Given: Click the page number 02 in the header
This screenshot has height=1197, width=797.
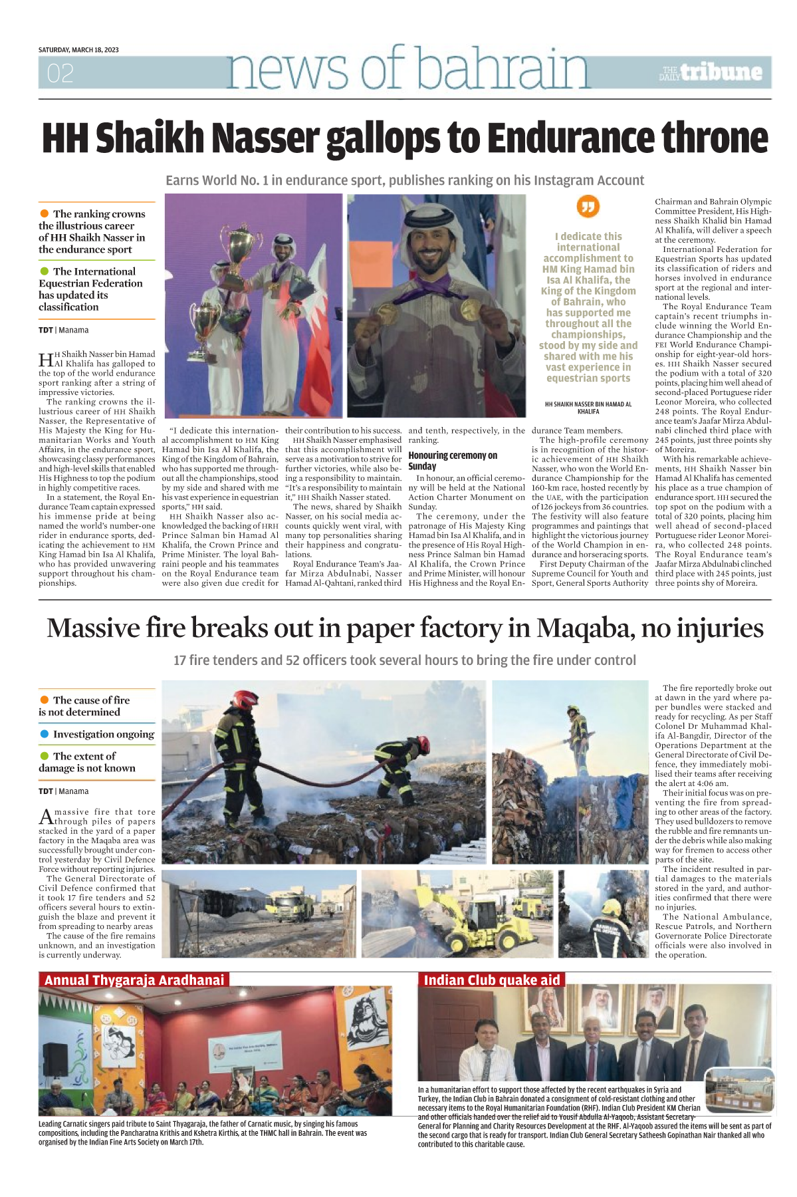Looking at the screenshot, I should (x=60, y=73).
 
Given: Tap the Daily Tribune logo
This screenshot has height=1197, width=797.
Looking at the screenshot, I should (x=711, y=72).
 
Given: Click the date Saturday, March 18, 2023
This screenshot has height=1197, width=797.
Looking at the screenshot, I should (x=78, y=50).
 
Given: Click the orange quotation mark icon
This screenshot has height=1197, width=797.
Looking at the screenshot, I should (x=588, y=206).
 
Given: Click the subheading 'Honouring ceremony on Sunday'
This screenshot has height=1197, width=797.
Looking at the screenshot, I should (x=453, y=460).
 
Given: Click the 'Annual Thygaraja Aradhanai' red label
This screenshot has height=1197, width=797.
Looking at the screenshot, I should (x=134, y=980).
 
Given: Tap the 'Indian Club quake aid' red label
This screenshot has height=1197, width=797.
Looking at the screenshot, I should (x=492, y=980).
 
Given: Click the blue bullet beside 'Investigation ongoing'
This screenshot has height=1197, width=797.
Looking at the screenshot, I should (x=45, y=733).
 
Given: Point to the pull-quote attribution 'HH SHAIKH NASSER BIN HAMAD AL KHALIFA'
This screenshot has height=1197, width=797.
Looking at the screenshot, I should (x=588, y=408).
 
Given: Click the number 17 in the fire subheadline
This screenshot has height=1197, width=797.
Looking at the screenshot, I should (x=180, y=660).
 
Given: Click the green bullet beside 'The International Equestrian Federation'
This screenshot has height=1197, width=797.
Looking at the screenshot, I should (x=45, y=271).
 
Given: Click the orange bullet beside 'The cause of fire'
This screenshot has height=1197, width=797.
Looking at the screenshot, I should (x=45, y=700).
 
